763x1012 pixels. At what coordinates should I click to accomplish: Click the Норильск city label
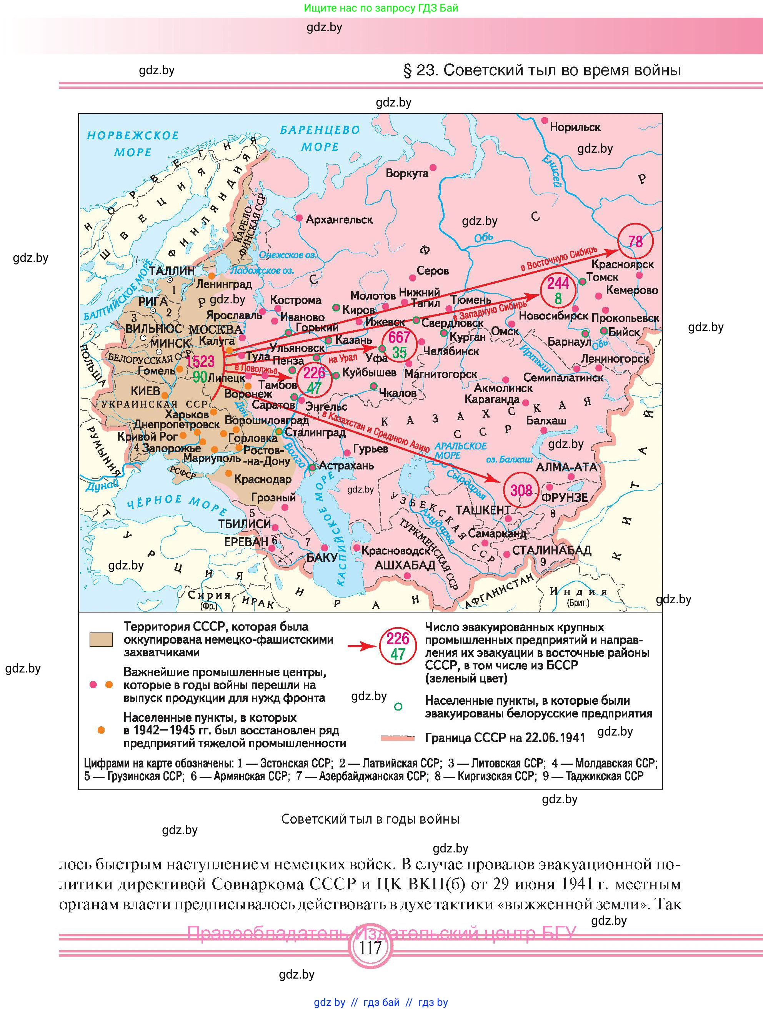point(575,127)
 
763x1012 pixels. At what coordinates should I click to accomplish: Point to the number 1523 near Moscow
point(200,361)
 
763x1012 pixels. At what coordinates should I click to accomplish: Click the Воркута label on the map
point(406,173)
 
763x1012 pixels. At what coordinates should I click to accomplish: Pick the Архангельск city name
point(339,220)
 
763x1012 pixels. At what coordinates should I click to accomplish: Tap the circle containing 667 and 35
point(399,345)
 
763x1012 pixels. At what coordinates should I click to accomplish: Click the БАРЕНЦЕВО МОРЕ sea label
point(320,138)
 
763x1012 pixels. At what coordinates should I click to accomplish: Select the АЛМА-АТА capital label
point(566,467)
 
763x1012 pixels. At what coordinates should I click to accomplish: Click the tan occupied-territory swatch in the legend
point(101,639)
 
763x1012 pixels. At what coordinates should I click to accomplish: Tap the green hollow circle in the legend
point(398,706)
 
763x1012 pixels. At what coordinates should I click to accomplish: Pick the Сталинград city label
point(315,432)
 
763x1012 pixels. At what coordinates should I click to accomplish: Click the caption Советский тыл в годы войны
point(370,819)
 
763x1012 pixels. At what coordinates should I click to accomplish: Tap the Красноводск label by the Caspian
point(395,551)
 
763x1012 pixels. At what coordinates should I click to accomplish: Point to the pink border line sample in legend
point(397,737)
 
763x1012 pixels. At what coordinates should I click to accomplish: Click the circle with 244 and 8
point(558,291)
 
